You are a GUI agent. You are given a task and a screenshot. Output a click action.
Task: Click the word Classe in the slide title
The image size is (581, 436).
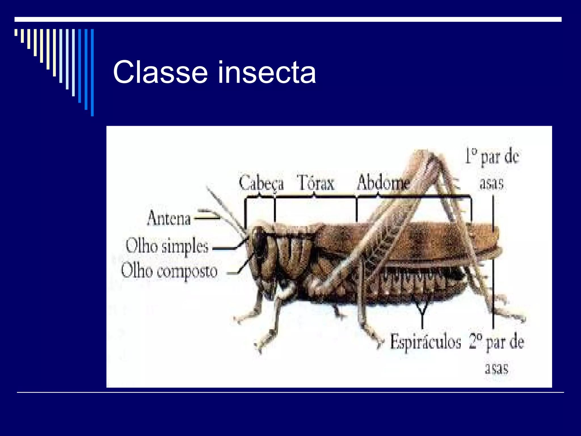160,72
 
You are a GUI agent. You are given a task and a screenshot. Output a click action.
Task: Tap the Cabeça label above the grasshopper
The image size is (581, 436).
261,183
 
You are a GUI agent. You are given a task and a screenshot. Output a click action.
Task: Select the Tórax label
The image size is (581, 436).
315,183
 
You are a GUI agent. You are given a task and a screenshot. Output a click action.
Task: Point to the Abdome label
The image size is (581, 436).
383,183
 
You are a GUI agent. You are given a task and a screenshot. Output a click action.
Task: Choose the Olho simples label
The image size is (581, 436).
167,246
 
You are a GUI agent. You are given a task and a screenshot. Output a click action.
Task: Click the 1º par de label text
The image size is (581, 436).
492,157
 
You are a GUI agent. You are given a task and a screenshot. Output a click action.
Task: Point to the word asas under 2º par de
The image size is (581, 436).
496,368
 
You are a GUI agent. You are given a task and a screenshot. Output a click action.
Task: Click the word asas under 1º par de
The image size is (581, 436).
492,183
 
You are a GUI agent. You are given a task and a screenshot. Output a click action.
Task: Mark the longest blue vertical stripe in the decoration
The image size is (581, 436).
92,72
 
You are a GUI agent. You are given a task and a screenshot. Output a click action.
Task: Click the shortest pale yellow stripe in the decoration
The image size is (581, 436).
16,32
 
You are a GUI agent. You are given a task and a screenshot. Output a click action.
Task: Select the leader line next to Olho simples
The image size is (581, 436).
224,249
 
